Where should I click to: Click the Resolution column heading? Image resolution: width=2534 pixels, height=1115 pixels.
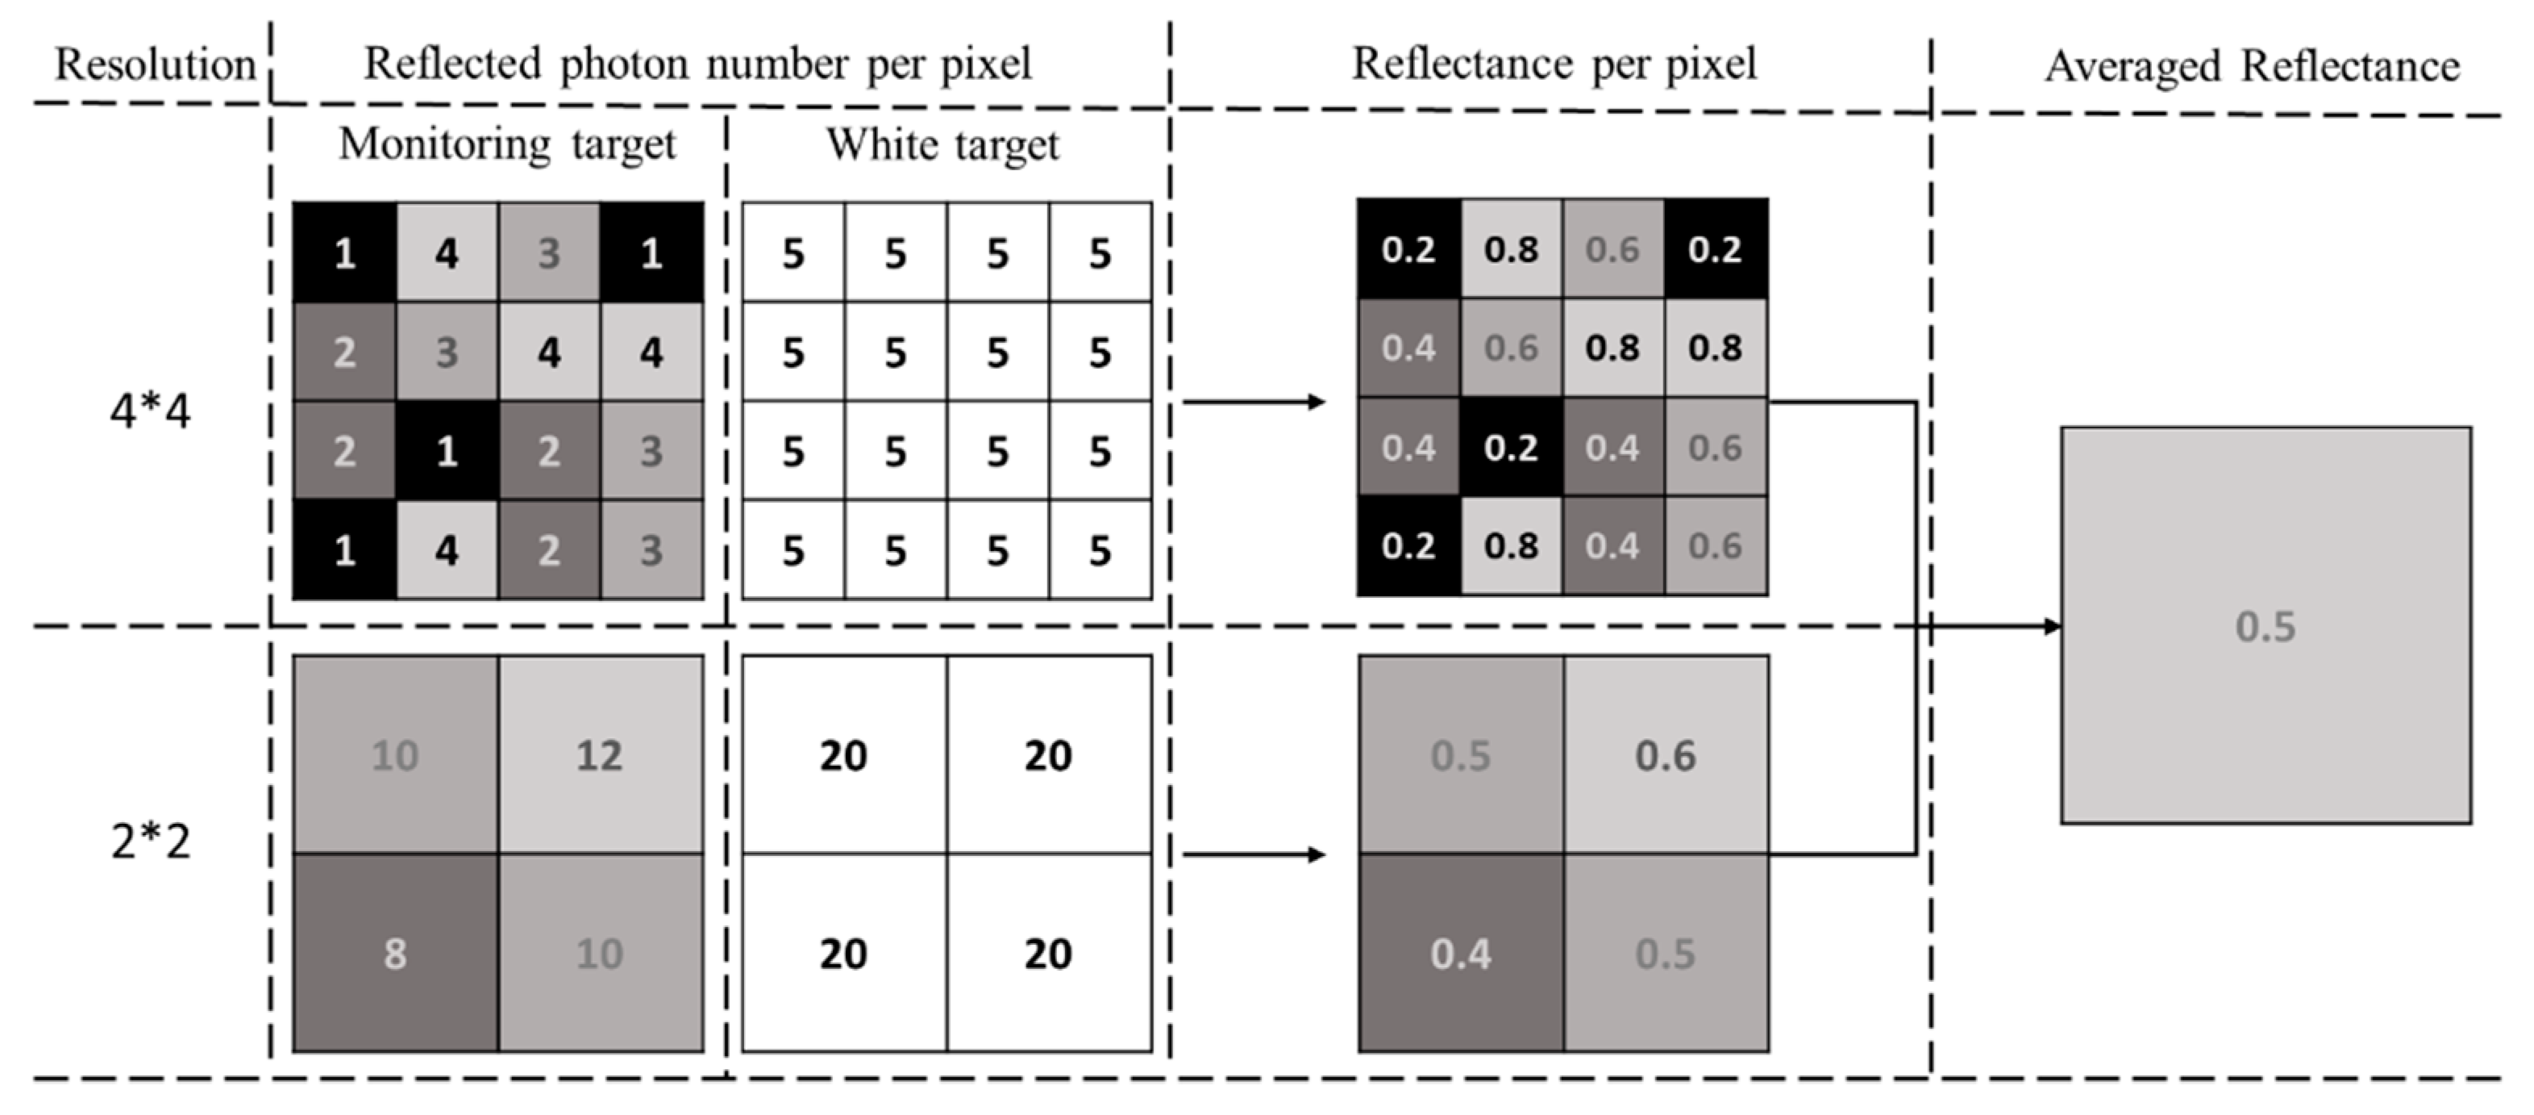coord(155,65)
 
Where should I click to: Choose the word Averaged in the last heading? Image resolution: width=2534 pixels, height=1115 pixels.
coord(2132,67)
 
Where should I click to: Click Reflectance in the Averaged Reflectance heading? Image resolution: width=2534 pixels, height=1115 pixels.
coord(2350,67)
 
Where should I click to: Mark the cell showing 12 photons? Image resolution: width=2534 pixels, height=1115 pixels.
coord(599,755)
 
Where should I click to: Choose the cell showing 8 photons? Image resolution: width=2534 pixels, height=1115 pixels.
coord(394,953)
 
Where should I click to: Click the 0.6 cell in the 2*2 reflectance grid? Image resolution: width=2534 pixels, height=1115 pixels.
coord(1666,755)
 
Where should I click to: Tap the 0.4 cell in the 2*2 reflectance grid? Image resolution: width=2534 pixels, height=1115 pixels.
coord(1461,953)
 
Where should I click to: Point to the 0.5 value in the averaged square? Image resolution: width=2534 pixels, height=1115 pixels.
coord(2266,627)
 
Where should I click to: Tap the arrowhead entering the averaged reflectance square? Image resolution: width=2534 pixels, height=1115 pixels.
coord(2050,627)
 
